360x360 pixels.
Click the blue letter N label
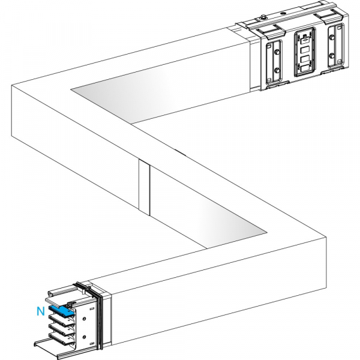tap(41, 311)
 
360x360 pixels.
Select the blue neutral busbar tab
tap(62, 310)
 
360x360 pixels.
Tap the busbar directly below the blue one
tap(62, 320)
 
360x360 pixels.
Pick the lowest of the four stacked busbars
tap(62, 338)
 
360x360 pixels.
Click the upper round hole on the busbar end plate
tap(84, 319)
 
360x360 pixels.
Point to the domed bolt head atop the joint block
tap(264, 17)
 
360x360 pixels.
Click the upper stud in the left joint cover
tap(277, 52)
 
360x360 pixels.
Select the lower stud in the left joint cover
tap(277, 70)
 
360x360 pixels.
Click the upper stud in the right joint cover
tap(331, 37)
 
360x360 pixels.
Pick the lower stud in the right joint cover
tap(331, 55)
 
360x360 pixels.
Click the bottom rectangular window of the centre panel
tap(305, 68)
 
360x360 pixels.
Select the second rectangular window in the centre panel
tap(305, 50)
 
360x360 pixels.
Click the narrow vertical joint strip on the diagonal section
tap(144, 188)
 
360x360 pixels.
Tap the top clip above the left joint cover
tap(270, 31)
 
